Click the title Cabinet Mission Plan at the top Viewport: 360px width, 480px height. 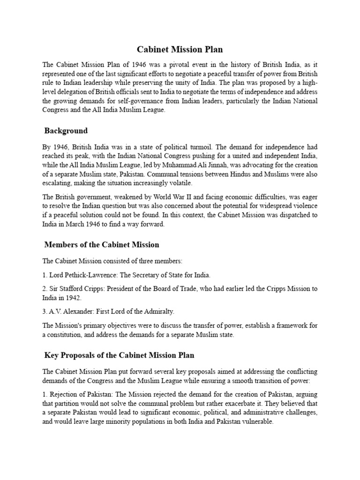click(180, 49)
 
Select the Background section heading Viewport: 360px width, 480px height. click(66, 130)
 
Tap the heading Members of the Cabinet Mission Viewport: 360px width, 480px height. click(102, 244)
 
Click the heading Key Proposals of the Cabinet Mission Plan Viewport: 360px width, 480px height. click(119, 355)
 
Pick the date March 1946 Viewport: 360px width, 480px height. click(80, 224)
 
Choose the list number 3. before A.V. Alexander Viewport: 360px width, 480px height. click(45, 311)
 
